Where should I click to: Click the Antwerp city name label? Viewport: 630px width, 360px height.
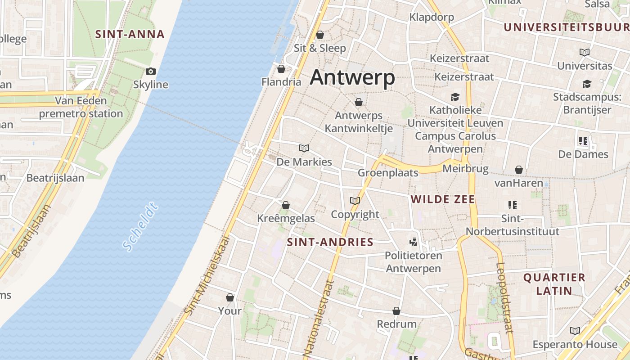coord(352,77)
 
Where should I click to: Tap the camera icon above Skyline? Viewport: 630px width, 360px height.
coord(151,71)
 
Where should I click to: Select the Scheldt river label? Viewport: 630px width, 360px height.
coord(141,227)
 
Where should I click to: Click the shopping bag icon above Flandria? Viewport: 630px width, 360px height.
coord(281,69)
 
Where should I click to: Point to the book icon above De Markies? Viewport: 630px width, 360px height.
coord(304,148)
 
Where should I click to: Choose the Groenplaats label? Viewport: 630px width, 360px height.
coord(388,173)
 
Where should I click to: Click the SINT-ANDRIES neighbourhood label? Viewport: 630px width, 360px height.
coord(330,242)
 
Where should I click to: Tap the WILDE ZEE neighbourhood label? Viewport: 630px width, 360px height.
coord(443,199)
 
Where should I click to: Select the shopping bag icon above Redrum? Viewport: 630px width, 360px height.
coord(396,311)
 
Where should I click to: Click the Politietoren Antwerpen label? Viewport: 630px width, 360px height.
coord(414,262)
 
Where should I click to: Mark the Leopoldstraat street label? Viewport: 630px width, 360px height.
coord(505,297)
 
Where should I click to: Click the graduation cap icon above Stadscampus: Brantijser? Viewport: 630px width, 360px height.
coord(587,84)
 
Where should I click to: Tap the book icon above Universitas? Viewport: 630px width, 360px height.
coord(585,53)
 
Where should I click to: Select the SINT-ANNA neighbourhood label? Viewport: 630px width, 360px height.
coord(130,34)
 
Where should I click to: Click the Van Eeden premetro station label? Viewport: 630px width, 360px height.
coord(81,107)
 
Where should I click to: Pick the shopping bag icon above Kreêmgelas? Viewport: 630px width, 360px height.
coord(285,205)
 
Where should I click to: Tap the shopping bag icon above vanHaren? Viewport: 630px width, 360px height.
coord(519,170)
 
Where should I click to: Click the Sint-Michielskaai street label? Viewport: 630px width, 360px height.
coord(207,275)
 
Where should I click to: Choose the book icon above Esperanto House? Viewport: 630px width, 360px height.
coord(575,331)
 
